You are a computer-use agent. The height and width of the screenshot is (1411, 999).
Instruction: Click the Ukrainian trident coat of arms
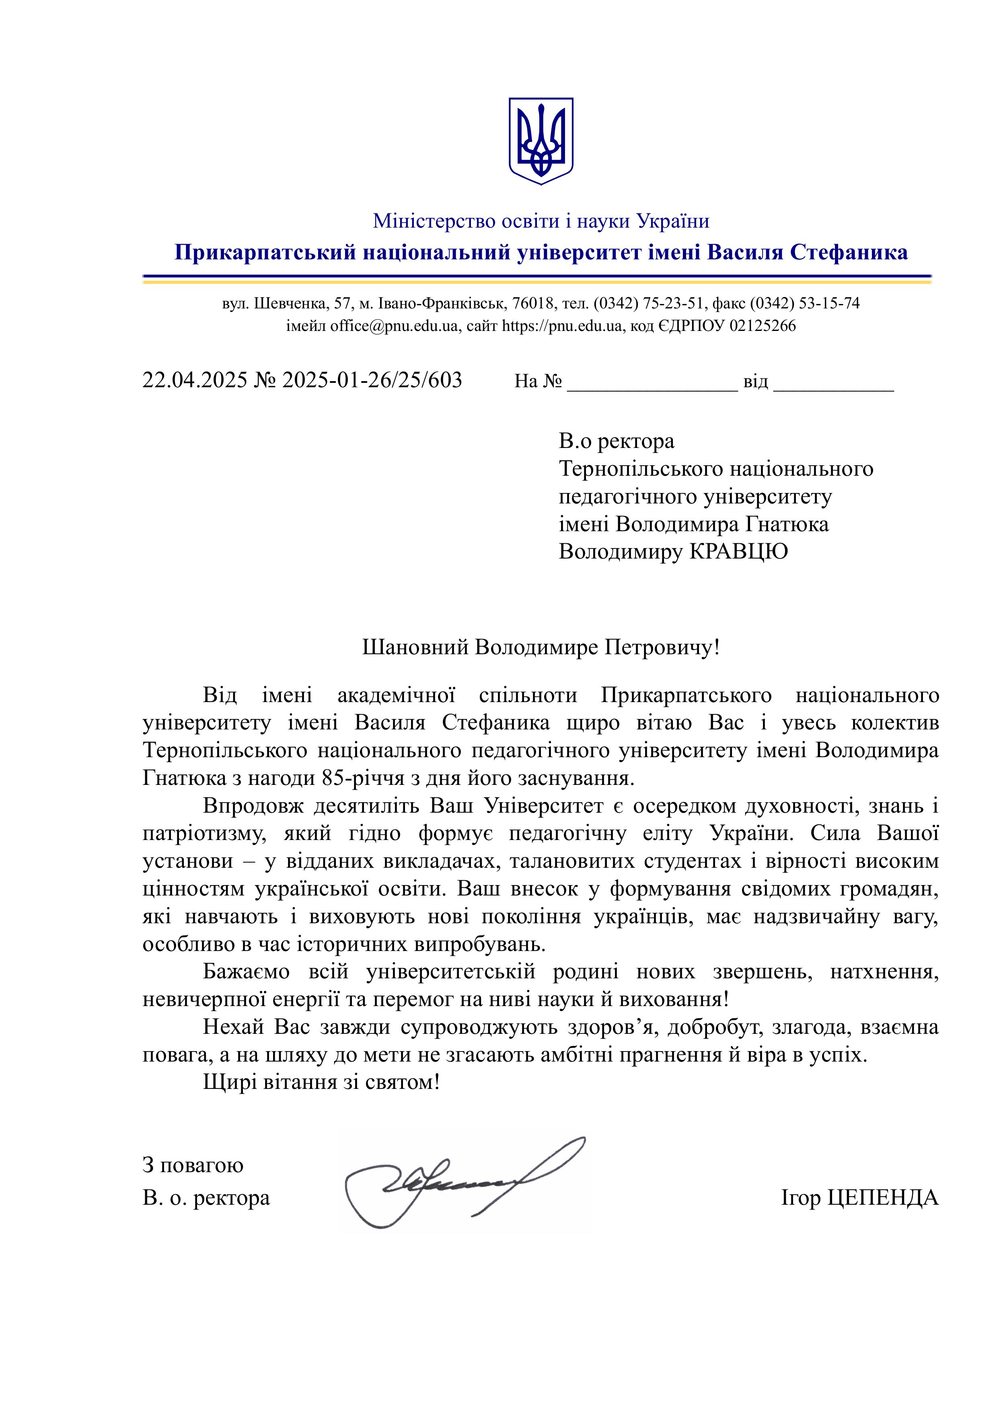coord(541,140)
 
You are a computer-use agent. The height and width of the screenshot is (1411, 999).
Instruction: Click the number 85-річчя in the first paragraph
coord(356,778)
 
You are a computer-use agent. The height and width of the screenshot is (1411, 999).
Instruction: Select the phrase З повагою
coord(193,1165)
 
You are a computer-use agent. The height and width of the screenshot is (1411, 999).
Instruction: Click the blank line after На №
coord(652,384)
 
